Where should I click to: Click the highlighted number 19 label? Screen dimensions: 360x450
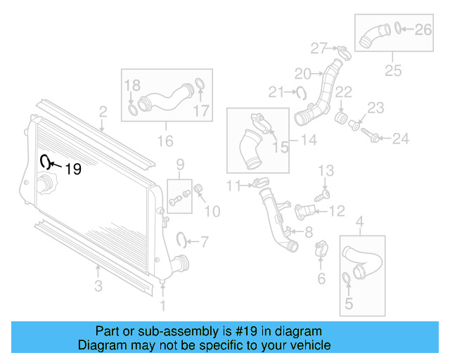coord(73,169)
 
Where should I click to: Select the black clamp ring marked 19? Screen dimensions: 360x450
coord(46,162)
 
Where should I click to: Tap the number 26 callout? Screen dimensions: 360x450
coord(422,29)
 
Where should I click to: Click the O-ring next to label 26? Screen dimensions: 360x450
coord(398,29)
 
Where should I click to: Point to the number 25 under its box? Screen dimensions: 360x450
coord(393,70)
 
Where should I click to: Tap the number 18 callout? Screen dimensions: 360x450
coord(133,86)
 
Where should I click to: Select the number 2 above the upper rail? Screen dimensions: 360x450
coord(103,111)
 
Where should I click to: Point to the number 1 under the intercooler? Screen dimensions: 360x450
coord(163,305)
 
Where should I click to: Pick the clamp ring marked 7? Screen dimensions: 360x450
coord(182,240)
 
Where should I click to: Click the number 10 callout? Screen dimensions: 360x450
coord(212,210)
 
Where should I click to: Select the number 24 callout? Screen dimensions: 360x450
coord(399,139)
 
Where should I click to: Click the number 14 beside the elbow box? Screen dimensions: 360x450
coord(308,141)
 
